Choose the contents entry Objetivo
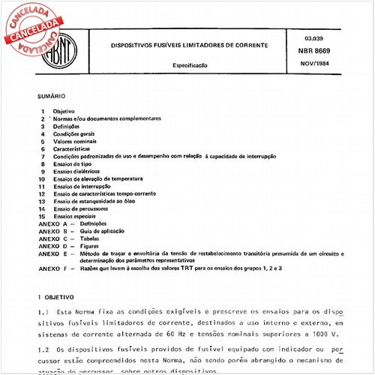[x=64, y=111]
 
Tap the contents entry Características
[x=73, y=148]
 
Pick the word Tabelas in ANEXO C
[x=91, y=238]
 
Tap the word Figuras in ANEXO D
[x=91, y=246]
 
